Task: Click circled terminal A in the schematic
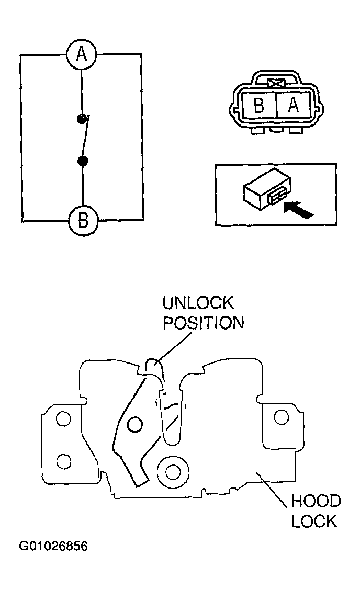click(x=81, y=54)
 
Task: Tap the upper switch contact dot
click(x=81, y=118)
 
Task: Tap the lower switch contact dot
click(x=82, y=161)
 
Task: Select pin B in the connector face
click(x=258, y=106)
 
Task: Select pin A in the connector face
click(x=292, y=106)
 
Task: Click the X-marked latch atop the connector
click(x=275, y=83)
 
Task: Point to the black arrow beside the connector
click(x=299, y=210)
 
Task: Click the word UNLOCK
click(x=198, y=303)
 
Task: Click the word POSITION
click(x=203, y=323)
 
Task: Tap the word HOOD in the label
click(x=316, y=502)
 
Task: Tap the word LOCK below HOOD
click(x=314, y=521)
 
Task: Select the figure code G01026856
click(x=53, y=547)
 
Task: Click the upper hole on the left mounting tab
click(x=63, y=419)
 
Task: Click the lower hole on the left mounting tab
click(x=63, y=461)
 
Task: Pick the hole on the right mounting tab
click(x=282, y=417)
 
